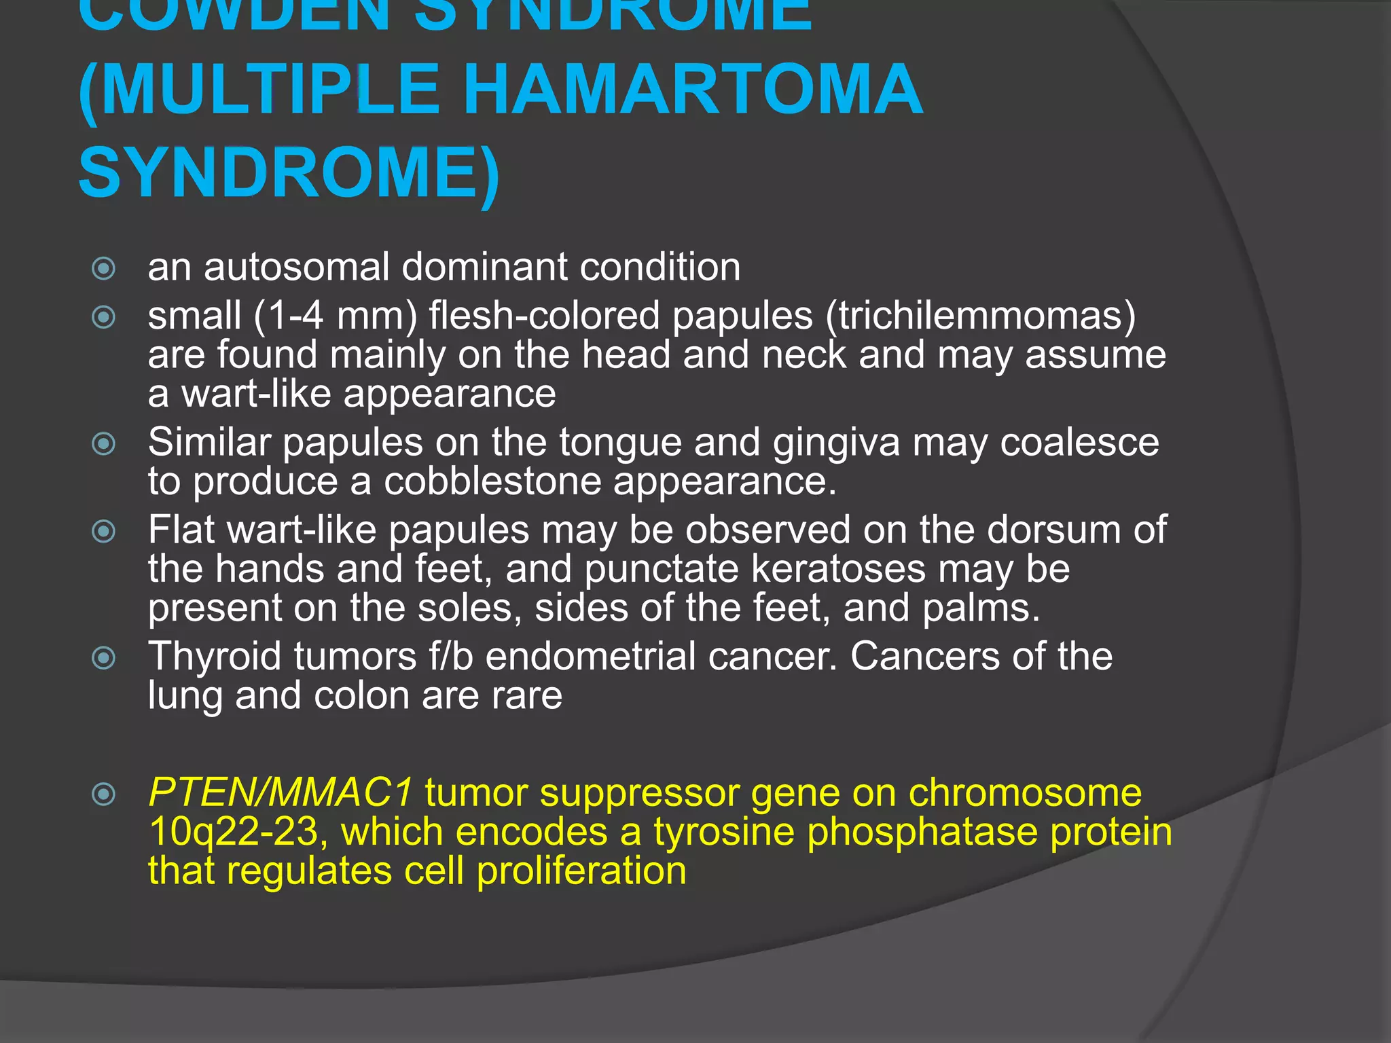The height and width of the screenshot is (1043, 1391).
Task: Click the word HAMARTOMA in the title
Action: pyautogui.click(x=693, y=90)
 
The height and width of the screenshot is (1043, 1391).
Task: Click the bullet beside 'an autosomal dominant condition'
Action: pyautogui.click(x=103, y=268)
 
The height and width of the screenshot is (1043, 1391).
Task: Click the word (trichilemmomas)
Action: pyautogui.click(x=981, y=316)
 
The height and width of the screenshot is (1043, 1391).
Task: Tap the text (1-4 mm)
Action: pyautogui.click(x=335, y=316)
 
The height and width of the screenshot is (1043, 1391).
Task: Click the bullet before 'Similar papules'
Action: pyautogui.click(x=103, y=444)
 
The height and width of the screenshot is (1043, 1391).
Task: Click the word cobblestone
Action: pyautogui.click(x=492, y=481)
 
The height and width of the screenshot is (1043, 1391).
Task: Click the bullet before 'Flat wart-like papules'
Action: pyautogui.click(x=103, y=531)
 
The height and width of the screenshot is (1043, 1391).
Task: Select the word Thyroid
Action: pyautogui.click(x=214, y=657)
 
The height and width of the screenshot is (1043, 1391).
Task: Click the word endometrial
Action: pyautogui.click(x=590, y=657)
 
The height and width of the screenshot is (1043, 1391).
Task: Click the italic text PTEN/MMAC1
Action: pyautogui.click(x=280, y=792)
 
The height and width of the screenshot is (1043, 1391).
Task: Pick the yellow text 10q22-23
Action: pyautogui.click(x=233, y=832)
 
